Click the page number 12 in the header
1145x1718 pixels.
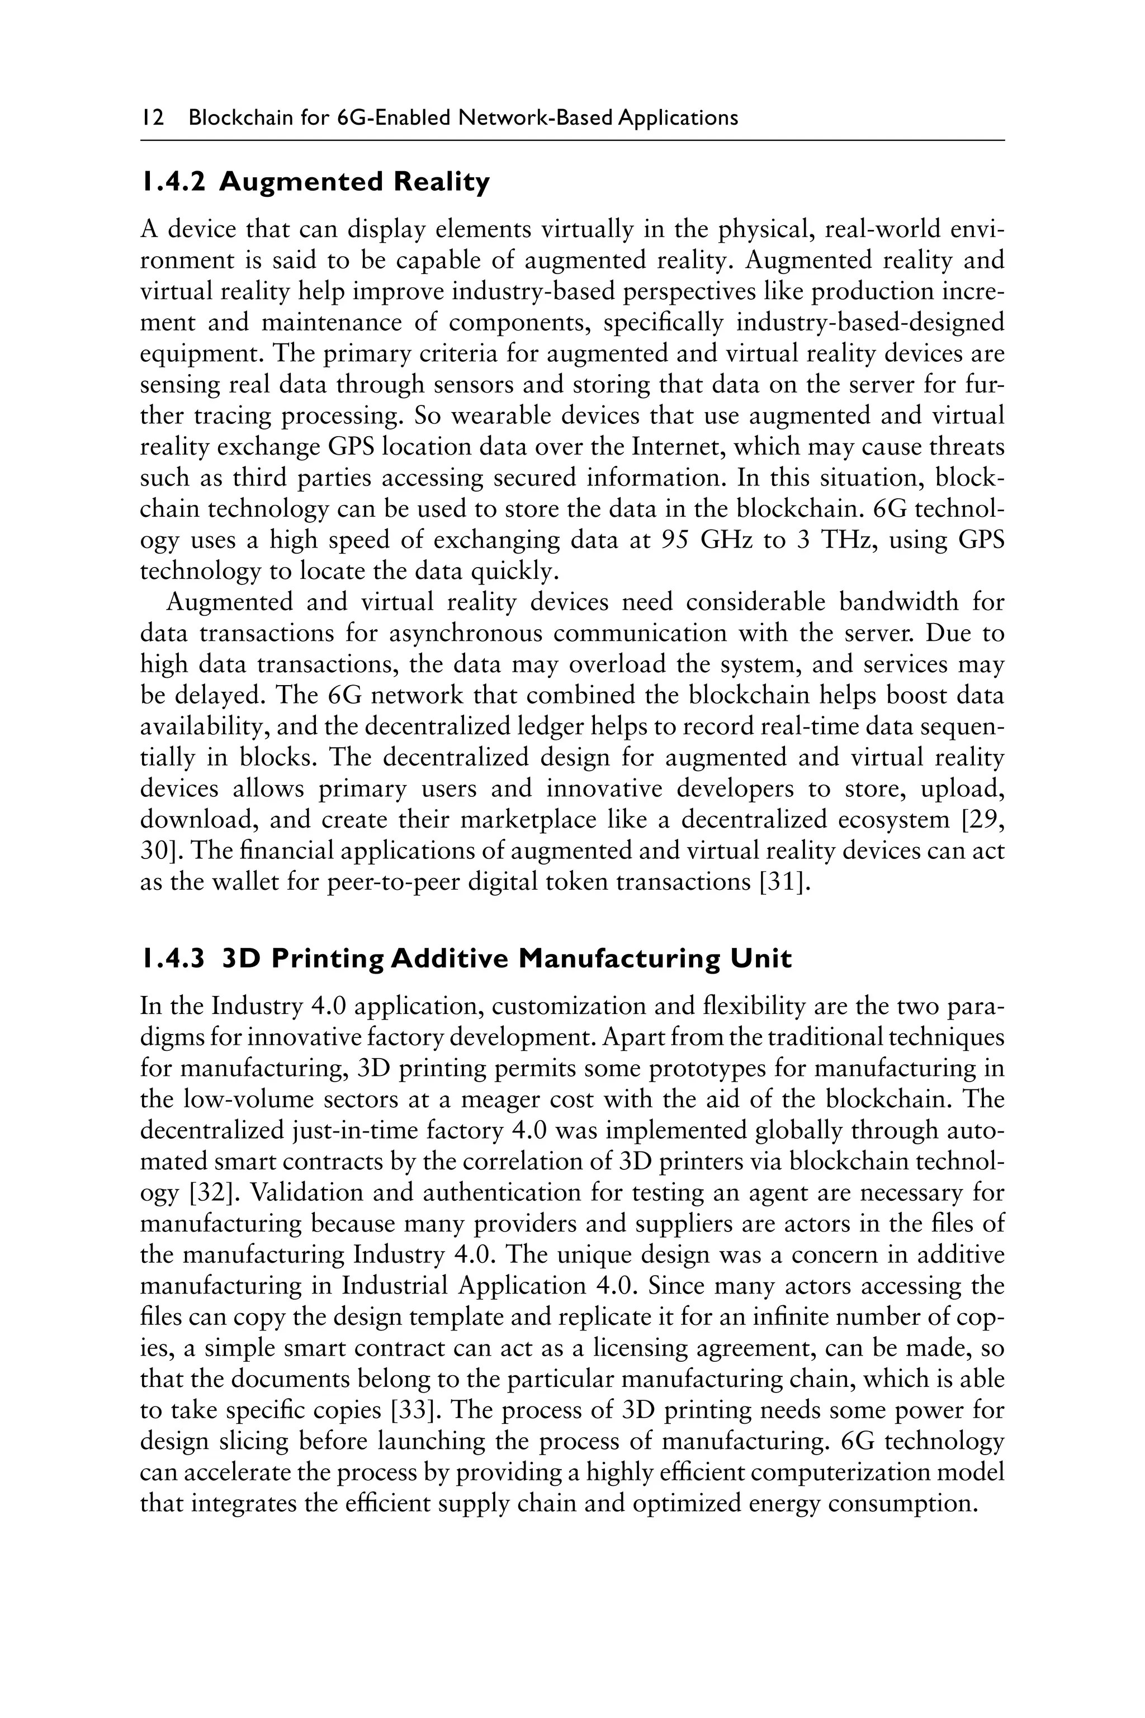click(152, 119)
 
